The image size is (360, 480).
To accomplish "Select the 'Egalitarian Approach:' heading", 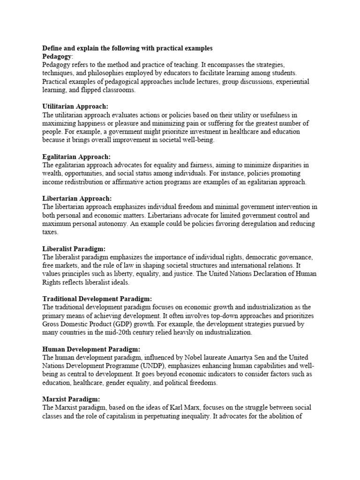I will [76, 157].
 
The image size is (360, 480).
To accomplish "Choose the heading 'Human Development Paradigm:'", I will [91, 349].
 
